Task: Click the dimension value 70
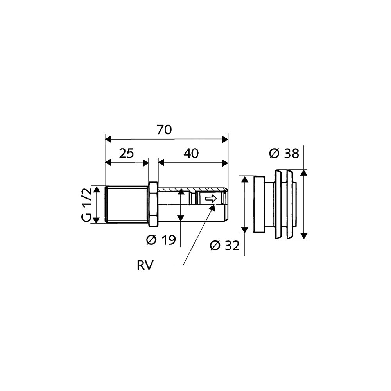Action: coord(165,130)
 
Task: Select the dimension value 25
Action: coord(126,153)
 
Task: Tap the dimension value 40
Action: coord(191,153)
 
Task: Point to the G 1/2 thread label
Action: coord(86,204)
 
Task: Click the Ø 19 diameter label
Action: coord(161,240)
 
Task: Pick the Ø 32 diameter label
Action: coord(225,246)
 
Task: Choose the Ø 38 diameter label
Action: coord(284,153)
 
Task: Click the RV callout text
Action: coord(145,265)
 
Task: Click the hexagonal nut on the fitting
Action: coord(153,204)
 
